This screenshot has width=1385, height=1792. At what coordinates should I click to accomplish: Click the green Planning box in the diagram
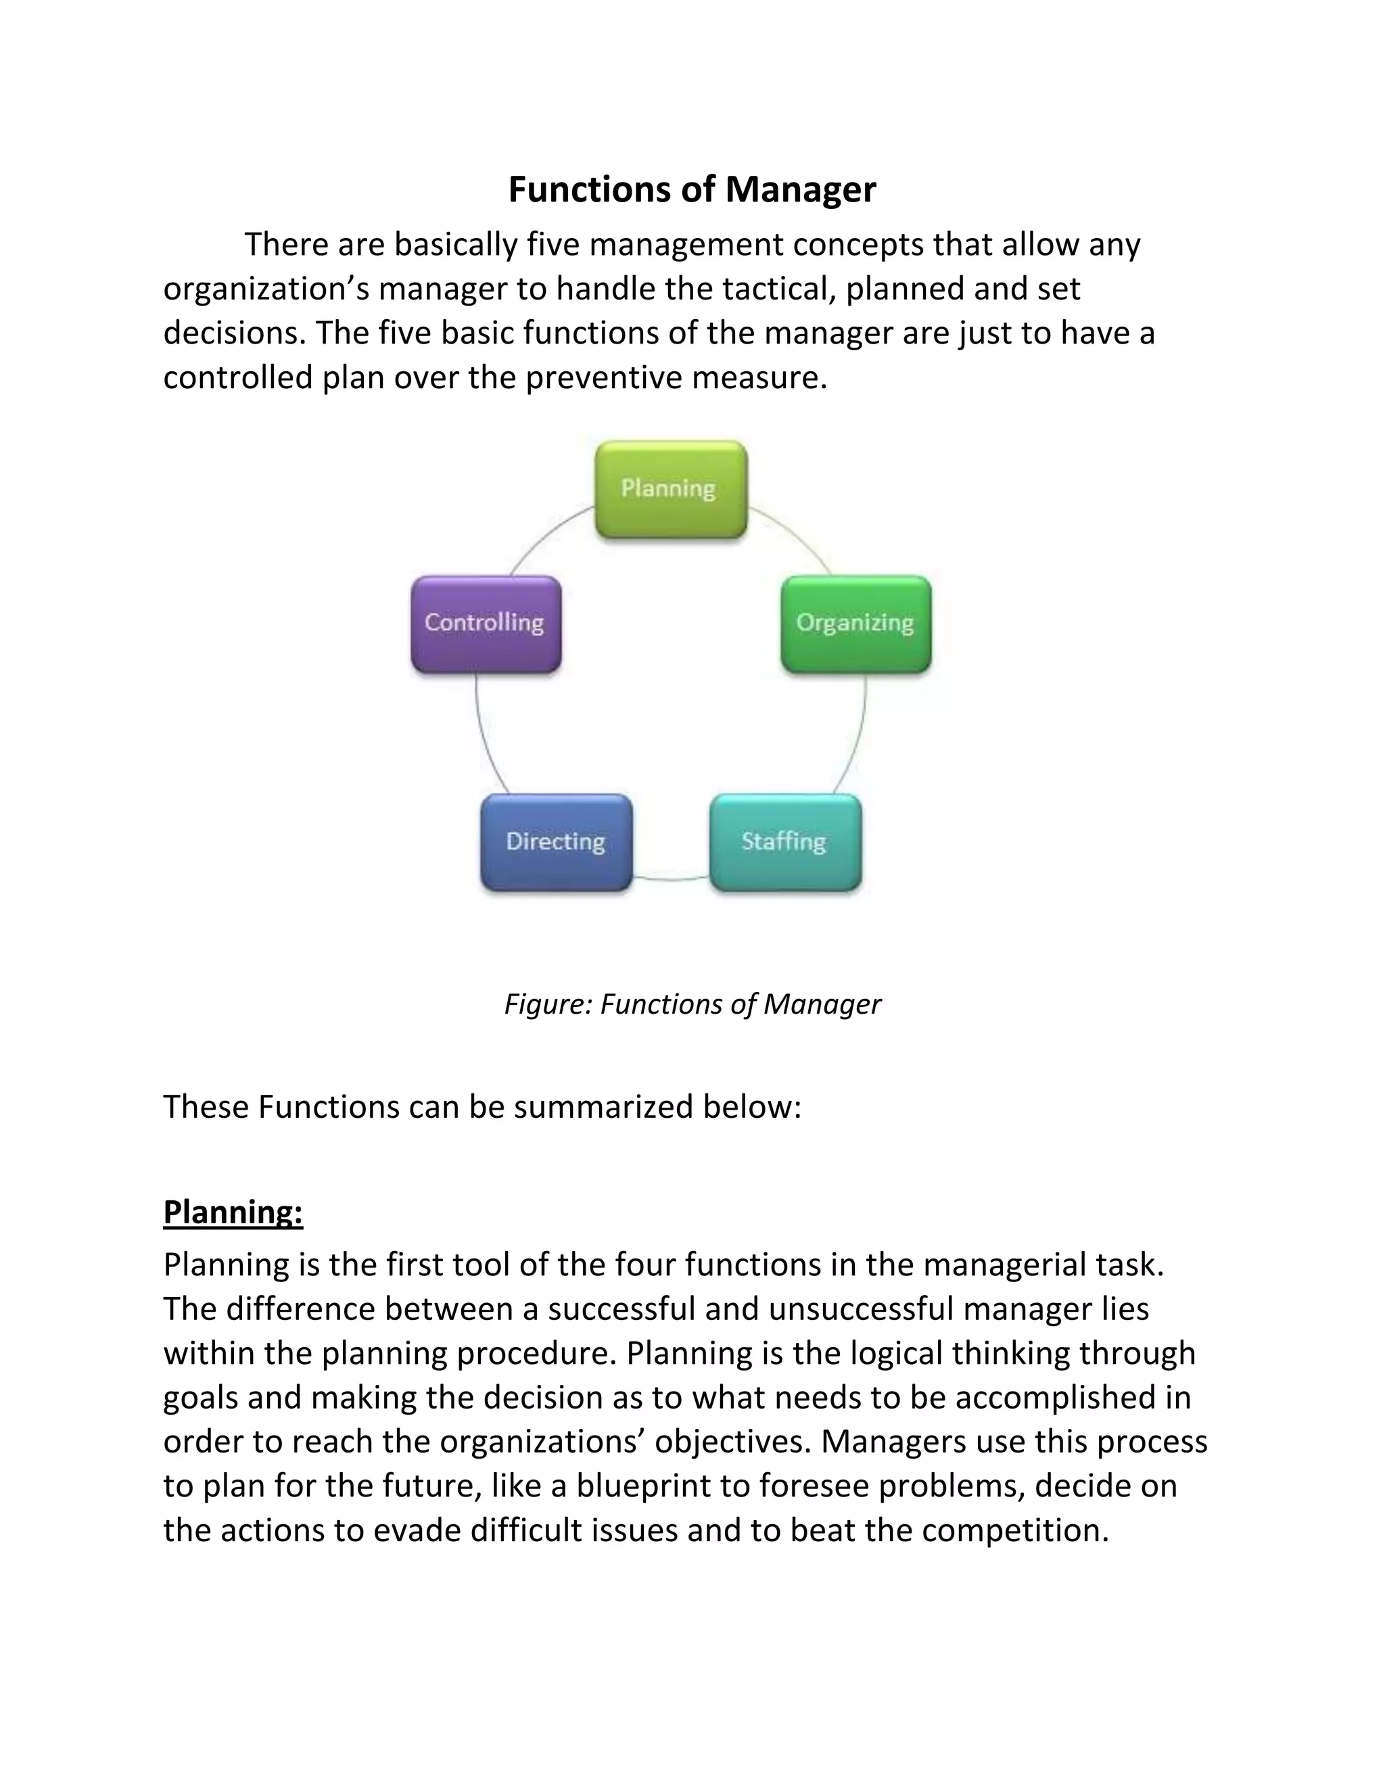[670, 490]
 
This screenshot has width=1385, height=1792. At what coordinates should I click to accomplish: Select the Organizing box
[855, 624]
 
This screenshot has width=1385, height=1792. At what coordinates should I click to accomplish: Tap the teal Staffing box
[785, 843]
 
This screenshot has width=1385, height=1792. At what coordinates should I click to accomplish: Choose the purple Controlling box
[486, 624]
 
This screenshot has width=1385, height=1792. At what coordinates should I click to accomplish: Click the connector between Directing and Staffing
[671, 880]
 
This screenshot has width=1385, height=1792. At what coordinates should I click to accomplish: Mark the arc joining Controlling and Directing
[485, 738]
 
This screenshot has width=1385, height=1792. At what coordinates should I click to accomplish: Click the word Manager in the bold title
[800, 189]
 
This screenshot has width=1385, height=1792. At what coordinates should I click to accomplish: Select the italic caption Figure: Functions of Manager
[692, 1004]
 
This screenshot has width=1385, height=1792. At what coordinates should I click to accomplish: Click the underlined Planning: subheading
[233, 1212]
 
